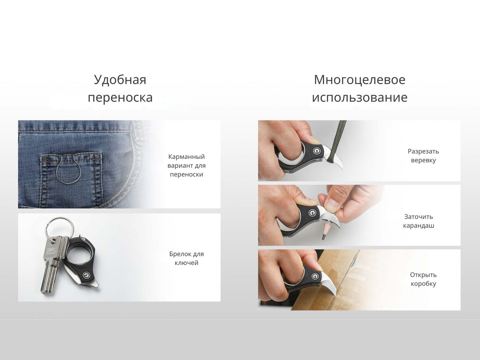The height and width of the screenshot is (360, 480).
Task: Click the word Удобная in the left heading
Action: pyautogui.click(x=120, y=80)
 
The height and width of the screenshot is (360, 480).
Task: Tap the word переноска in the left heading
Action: pyautogui.click(x=120, y=98)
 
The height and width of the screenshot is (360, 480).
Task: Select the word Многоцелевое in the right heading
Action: pyautogui.click(x=359, y=80)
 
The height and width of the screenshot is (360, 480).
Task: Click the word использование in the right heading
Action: pyautogui.click(x=359, y=97)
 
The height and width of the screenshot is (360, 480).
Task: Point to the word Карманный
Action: pyautogui.click(x=187, y=157)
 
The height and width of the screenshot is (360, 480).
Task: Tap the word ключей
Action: pyautogui.click(x=187, y=263)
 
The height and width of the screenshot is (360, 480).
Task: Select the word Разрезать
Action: pyautogui.click(x=423, y=152)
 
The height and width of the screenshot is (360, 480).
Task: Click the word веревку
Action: pyautogui.click(x=423, y=160)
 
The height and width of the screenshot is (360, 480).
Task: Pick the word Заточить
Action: pyautogui.click(x=418, y=217)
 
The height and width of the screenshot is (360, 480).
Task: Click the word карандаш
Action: pyautogui.click(x=418, y=225)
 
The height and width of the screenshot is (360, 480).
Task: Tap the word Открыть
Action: pyautogui.click(x=423, y=275)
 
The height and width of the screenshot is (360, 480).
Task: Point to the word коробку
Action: pyautogui.click(x=423, y=284)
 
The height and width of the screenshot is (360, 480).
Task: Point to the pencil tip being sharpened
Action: pyautogui.click(x=323, y=237)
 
